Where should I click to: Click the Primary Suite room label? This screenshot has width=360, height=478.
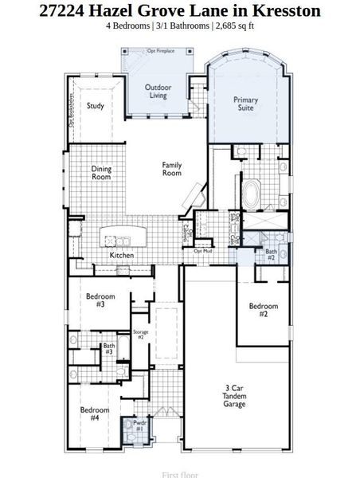245,104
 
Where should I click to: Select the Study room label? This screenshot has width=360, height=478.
96,106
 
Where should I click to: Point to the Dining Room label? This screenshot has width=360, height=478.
101,172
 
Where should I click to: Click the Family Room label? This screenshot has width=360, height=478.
172,169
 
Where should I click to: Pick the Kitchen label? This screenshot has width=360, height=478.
122,256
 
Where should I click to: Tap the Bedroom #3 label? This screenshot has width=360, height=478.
96,300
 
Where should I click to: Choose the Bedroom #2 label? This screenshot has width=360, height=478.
264,310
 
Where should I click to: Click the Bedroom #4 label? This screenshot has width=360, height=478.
95,413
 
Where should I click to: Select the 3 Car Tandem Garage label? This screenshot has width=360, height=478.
234,396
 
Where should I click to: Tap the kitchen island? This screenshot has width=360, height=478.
123,237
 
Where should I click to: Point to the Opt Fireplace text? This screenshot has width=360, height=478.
161,51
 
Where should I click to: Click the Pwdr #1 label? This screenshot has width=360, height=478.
139,426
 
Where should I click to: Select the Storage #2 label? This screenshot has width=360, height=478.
140,334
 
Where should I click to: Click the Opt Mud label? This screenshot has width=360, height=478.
202,251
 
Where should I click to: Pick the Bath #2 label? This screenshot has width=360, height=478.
271,255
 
